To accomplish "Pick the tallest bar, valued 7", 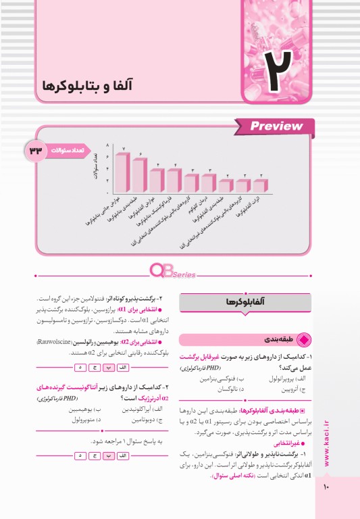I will (123, 172).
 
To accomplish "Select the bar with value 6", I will (140, 175).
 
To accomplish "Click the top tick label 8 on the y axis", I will (107, 146).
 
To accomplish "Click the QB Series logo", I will (173, 272).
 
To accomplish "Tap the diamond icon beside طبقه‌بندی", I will (302, 339).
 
